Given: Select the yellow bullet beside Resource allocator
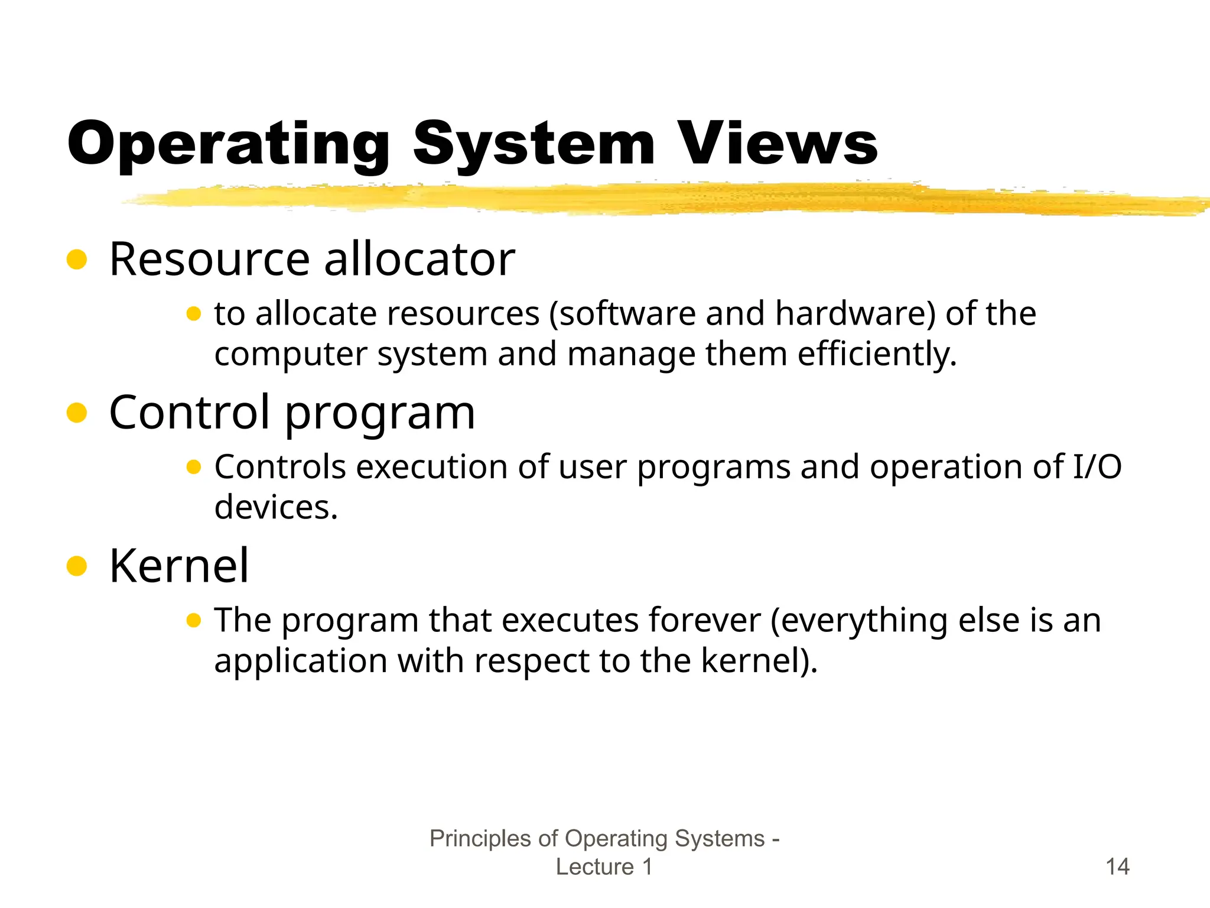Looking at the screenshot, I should click(77, 259).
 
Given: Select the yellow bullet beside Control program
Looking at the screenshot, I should click(77, 413).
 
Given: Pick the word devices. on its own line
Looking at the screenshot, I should click(276, 507).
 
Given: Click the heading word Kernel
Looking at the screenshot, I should click(179, 566).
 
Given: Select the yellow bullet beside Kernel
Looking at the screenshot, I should click(77, 566).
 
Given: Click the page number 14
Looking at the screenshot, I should click(1117, 867).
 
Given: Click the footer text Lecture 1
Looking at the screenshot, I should click(604, 867).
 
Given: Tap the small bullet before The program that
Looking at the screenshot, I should click(194, 621).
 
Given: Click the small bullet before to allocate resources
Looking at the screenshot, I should click(194, 314).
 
